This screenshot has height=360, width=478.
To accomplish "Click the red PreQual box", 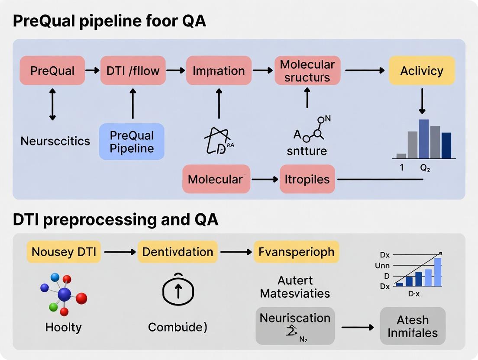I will pos(52,70).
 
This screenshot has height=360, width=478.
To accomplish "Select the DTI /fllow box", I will pos(133,70).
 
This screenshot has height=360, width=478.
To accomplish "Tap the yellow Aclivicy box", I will pos(422,70).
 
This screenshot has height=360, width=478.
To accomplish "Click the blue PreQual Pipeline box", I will pos(132,142).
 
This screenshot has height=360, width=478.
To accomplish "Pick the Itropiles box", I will pos(307,179).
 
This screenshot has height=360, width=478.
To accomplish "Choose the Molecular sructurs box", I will pos(307,71).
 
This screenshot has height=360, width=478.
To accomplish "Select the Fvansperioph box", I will pos(297,252).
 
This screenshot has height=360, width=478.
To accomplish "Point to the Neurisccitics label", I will pos(55,141).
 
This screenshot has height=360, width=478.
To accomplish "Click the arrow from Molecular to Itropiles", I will pos(265,179).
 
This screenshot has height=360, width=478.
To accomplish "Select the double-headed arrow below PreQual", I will pos(52,104).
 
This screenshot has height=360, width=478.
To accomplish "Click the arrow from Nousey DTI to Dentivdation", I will pos(119,252).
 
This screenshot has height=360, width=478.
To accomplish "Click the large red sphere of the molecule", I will pos(81,298).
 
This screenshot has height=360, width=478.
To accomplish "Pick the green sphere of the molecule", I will pos(54,307).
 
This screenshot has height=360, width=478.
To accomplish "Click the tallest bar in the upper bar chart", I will pos(424,139).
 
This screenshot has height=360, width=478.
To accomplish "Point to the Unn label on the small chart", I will pos(382,266).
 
